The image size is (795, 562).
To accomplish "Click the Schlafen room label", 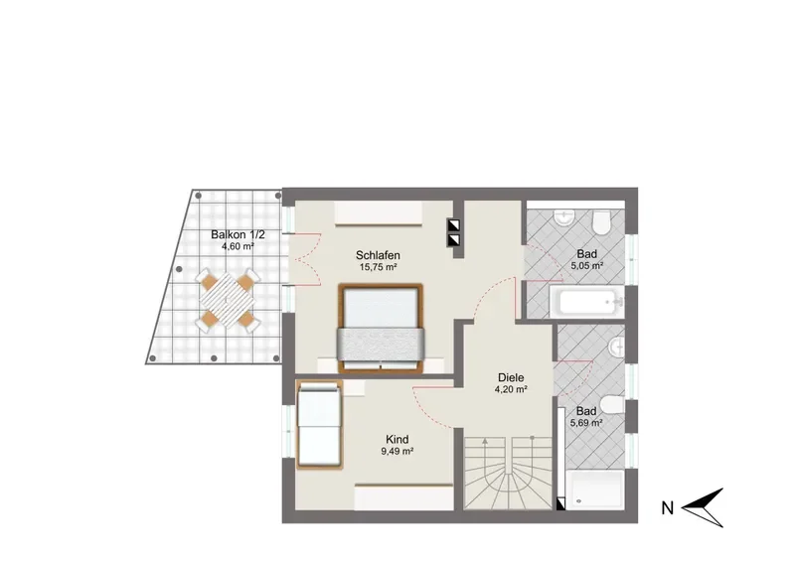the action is [378, 255].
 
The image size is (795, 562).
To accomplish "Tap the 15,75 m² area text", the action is [378, 267].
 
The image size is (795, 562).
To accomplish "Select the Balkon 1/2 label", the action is [238, 235].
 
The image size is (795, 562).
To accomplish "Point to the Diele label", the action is [511, 377].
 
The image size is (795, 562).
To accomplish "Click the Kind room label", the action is [397, 439].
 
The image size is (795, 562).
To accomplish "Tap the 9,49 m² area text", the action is [397, 451].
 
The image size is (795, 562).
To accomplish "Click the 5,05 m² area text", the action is [586, 265].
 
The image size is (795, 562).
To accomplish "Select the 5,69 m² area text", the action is [586, 423].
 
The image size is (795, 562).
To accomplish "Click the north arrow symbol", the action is [703, 507].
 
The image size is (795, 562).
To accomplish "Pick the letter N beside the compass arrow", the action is [667, 507].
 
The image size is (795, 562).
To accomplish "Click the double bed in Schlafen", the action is [380, 328].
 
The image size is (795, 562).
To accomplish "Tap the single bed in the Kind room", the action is [319, 424].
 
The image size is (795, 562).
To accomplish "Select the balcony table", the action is [228, 300].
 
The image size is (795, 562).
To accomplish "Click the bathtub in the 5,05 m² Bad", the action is [586, 302].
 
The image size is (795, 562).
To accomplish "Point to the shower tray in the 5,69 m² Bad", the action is [594, 490].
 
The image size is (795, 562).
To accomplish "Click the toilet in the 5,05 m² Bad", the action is [601, 222].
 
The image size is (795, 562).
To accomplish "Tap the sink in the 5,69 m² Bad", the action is [616, 348].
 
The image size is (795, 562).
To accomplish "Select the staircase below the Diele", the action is [508, 473].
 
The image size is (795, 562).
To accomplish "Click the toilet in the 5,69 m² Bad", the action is [615, 404].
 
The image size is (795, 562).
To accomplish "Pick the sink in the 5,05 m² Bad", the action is [563, 217].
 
